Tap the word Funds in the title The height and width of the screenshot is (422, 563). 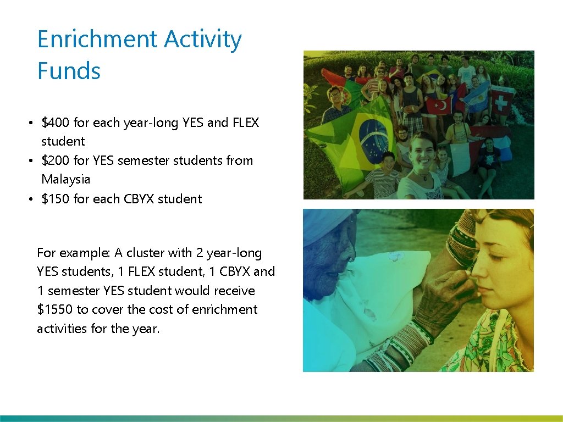tap(69, 71)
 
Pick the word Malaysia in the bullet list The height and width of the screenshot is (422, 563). tap(65, 179)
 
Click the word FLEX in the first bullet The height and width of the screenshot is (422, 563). tap(245, 123)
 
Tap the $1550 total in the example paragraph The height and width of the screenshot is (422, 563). tap(55, 309)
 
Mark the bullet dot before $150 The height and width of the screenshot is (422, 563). tap(32, 199)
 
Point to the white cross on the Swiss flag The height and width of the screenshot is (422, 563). tap(501, 101)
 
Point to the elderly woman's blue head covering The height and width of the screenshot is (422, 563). tap(324, 225)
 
